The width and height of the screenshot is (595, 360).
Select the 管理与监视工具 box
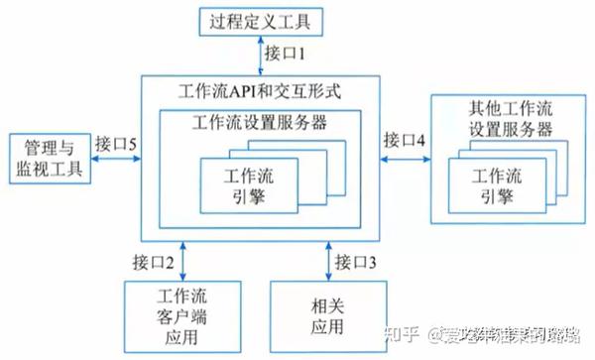click(x=49, y=159)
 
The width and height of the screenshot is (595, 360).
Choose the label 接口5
click(x=116, y=141)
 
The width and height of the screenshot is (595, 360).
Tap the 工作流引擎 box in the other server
click(x=493, y=185)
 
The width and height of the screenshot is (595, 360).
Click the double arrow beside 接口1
click(x=260, y=55)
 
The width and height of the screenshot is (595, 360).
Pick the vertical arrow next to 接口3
click(x=328, y=261)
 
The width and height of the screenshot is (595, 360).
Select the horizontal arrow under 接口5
click(x=116, y=160)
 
